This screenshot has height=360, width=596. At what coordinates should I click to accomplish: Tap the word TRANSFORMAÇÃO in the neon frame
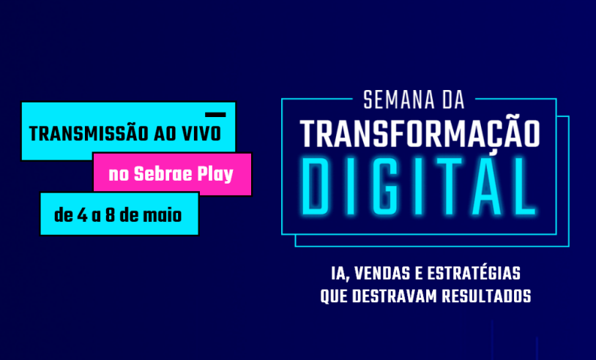tap(420, 133)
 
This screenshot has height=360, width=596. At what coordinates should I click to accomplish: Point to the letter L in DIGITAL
tap(521, 187)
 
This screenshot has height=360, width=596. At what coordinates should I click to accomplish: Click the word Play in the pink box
tap(215, 175)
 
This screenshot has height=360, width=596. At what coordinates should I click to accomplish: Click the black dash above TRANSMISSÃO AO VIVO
tap(215, 115)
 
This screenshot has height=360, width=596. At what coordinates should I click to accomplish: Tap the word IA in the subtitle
tap(338, 276)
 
